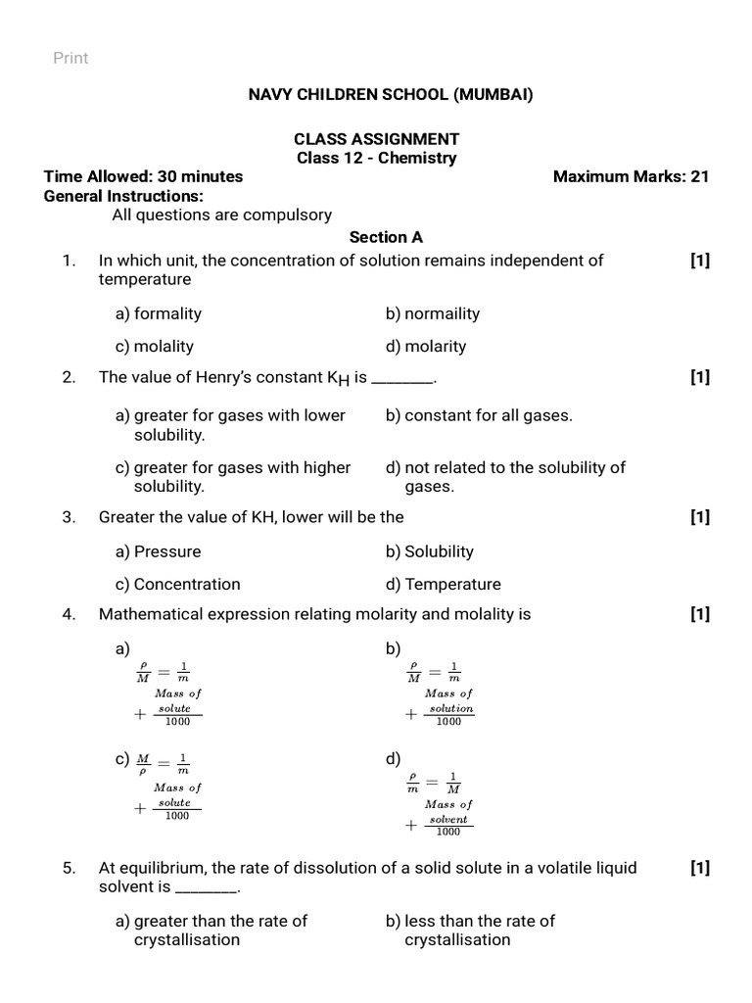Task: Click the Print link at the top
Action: click(70, 58)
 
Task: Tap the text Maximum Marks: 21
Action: click(631, 176)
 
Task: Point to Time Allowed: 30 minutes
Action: click(143, 176)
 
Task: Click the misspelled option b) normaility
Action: click(433, 313)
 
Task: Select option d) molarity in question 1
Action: click(426, 346)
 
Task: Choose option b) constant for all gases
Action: click(479, 415)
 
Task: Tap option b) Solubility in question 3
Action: click(430, 551)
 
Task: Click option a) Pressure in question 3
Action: click(159, 551)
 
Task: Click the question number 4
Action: click(69, 614)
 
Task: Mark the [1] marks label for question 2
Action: click(699, 378)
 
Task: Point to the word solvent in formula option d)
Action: click(448, 819)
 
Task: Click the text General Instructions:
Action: click(123, 196)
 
